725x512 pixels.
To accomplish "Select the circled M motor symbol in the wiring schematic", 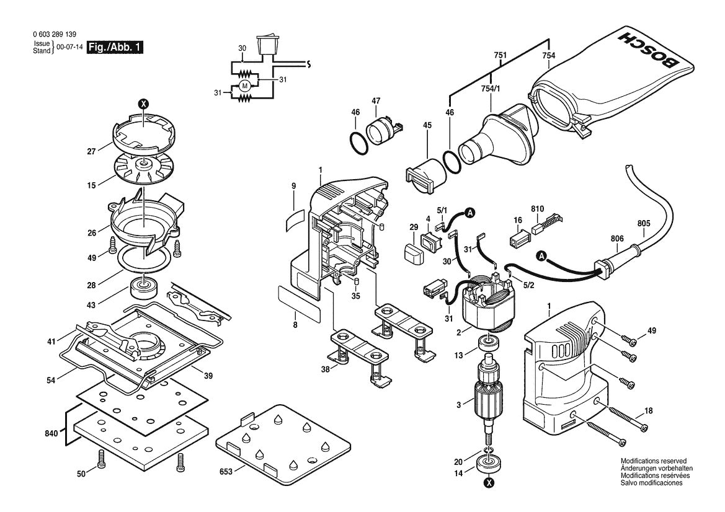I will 244,85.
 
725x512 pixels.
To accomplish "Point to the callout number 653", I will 225,472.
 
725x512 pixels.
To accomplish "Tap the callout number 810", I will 537,209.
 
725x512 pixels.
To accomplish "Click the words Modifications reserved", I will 654,461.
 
